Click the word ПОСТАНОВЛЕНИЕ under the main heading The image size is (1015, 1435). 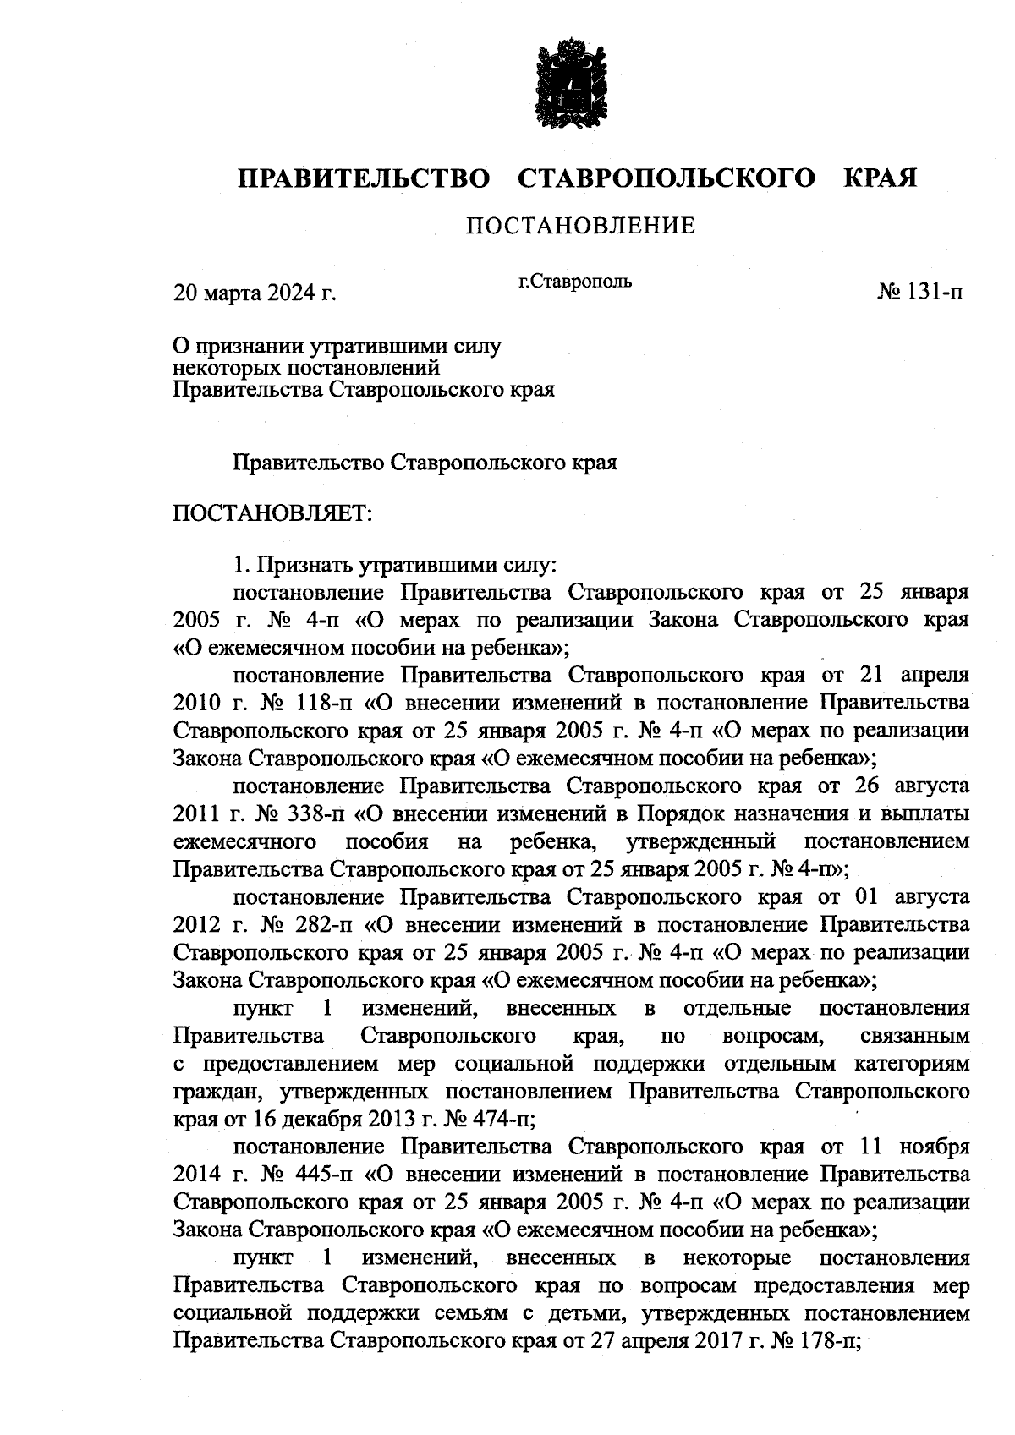[x=580, y=226]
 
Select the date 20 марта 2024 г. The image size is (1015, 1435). [x=255, y=293]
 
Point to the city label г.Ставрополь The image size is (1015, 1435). [x=575, y=281]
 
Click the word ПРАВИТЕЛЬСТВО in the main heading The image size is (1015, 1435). [x=365, y=178]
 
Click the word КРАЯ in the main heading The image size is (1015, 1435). [x=881, y=178]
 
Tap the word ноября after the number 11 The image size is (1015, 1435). [x=935, y=1147]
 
